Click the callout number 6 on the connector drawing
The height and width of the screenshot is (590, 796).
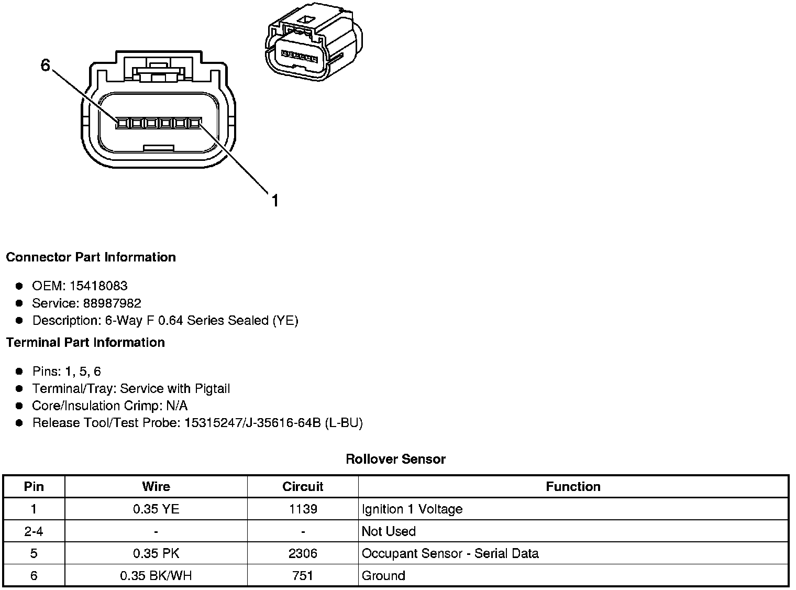point(46,66)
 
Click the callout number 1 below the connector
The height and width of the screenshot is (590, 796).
point(275,201)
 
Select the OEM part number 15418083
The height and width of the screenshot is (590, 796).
point(98,286)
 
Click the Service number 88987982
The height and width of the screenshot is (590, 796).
point(112,303)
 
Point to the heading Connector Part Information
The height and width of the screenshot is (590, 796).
point(91,257)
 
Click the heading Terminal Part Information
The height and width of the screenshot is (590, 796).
point(85,343)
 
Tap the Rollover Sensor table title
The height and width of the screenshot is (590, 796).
point(395,460)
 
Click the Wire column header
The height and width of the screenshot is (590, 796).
point(156,487)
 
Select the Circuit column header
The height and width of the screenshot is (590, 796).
point(303,487)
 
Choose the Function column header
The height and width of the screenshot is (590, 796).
point(573,487)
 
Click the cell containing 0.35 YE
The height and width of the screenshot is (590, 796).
point(156,509)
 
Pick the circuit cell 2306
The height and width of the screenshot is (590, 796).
point(303,554)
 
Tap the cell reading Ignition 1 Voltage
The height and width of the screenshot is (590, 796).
point(412,509)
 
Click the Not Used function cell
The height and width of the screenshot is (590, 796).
point(389,531)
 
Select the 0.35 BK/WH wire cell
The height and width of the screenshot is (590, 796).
point(156,576)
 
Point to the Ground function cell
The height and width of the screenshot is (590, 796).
point(383,576)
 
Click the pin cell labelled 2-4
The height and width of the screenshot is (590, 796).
point(34,531)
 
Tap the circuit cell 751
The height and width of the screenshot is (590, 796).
point(303,576)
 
